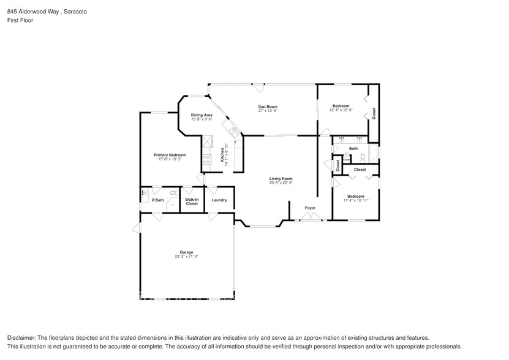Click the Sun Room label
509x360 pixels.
268,107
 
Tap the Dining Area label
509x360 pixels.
202,115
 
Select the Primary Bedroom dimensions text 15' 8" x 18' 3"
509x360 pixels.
170,159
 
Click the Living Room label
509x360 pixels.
281,178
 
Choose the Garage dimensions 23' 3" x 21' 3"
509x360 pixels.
186,256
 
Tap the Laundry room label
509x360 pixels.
219,200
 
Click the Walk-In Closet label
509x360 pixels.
192,201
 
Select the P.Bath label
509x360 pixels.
158,200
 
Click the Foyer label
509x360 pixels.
311,208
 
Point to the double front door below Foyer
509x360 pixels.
311,219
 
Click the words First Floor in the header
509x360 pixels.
20,20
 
